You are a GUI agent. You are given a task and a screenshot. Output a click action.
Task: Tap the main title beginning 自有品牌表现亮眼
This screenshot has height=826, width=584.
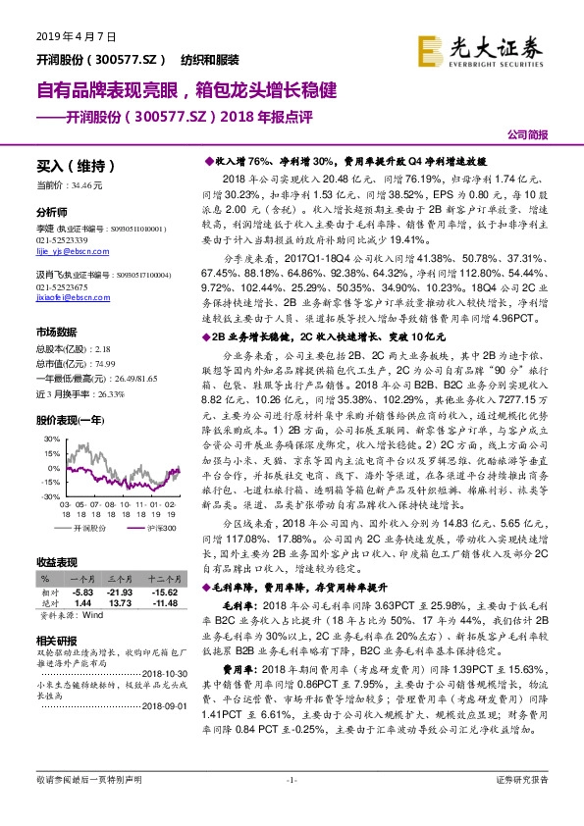pyautogui.click(x=186, y=91)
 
